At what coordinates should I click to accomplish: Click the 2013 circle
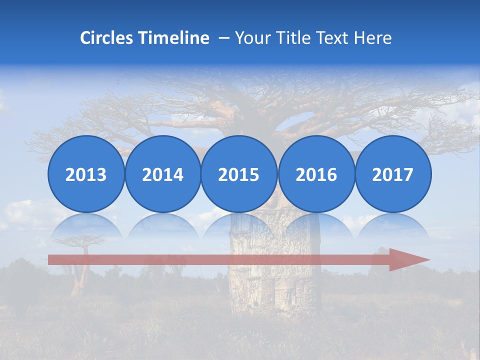point(86,174)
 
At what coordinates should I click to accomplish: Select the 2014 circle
point(162,174)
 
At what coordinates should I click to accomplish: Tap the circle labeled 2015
point(239,174)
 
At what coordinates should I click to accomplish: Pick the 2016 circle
point(316,174)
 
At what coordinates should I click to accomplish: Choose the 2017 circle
point(392,174)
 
